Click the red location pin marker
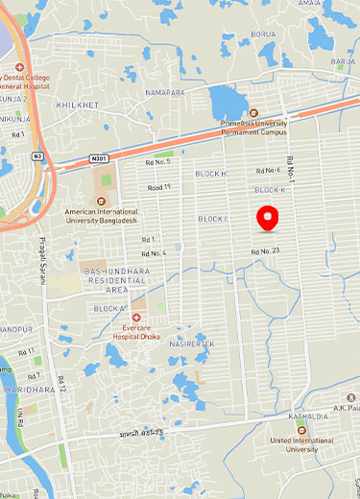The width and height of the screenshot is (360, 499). [x=270, y=216]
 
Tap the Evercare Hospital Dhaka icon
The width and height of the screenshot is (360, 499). [x=137, y=317]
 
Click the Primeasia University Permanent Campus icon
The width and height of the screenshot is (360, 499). [x=254, y=113]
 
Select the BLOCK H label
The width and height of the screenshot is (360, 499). [x=210, y=174]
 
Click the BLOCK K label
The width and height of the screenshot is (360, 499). [x=271, y=190]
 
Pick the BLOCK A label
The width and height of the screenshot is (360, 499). [x=109, y=308]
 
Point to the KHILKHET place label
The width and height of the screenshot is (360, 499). [x=78, y=105]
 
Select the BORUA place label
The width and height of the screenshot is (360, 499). [x=262, y=35]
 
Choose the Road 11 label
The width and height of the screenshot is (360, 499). [x=154, y=187]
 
